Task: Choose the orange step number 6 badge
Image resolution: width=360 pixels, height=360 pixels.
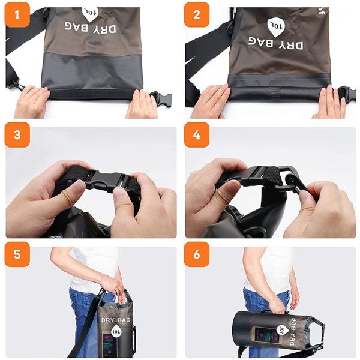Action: pyautogui.click(x=197, y=254)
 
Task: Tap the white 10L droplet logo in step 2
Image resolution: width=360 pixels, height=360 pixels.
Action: pyautogui.click(x=275, y=26)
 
